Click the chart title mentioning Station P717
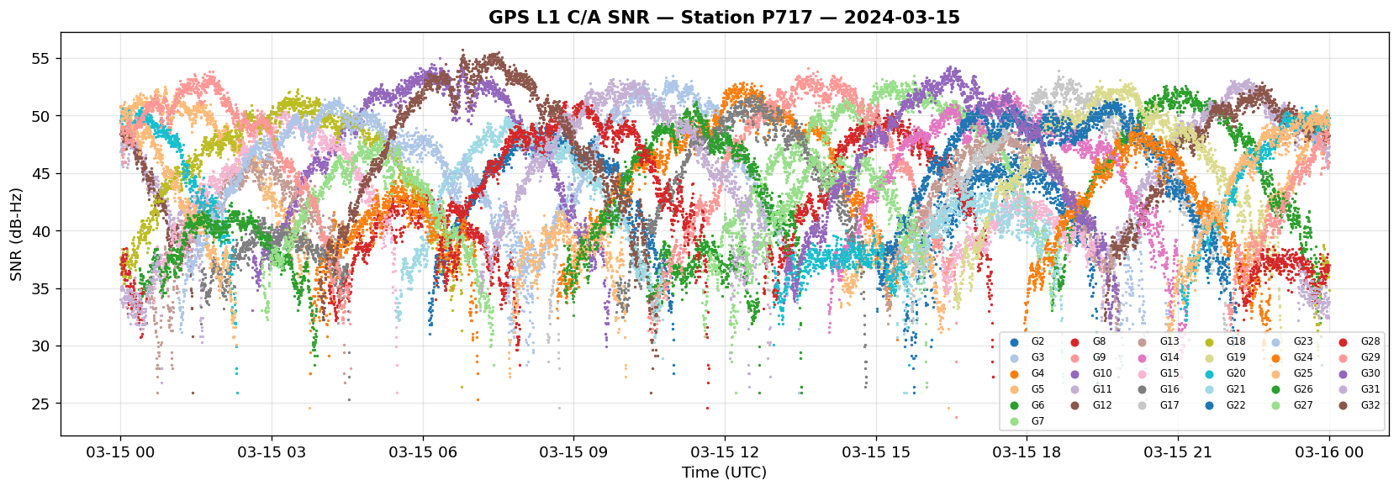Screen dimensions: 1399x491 click(724, 17)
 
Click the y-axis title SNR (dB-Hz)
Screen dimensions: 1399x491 click(16, 235)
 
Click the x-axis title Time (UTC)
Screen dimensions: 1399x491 click(724, 473)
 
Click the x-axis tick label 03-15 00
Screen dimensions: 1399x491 click(120, 451)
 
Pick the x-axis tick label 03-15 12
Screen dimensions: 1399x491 click(725, 451)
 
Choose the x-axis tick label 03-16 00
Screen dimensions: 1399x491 click(1329, 451)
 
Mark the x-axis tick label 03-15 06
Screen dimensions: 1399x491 click(423, 451)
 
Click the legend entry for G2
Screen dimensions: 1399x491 click(1027, 341)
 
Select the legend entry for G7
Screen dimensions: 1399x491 click(1027, 421)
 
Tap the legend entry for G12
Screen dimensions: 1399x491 click(1093, 404)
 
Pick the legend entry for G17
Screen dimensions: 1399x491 click(1159, 404)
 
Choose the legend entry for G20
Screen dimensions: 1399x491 click(1227, 373)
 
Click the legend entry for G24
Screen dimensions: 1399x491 click(1293, 358)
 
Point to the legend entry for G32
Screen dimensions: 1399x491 click(1360, 404)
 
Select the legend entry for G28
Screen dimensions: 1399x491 click(1360, 341)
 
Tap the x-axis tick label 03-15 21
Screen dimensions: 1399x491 click(1178, 451)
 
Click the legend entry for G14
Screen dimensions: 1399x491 click(1159, 358)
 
